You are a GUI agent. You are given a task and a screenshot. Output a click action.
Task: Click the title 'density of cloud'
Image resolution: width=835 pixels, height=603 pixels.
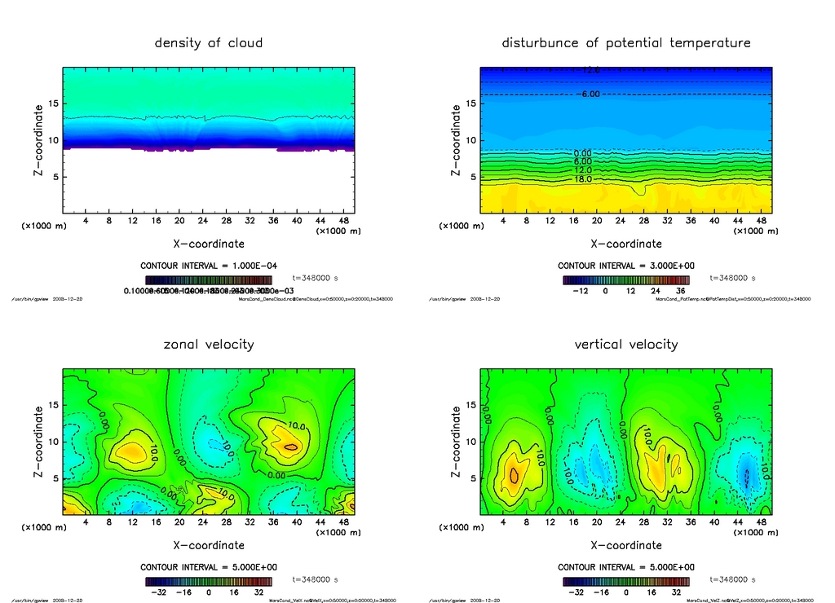[x=209, y=42]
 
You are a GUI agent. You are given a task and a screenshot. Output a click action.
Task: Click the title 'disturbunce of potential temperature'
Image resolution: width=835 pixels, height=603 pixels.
[x=626, y=42]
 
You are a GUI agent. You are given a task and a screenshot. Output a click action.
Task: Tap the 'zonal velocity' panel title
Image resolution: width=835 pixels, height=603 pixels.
[x=209, y=344]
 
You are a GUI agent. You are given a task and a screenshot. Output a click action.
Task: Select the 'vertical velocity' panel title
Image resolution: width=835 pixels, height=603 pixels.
[x=626, y=344]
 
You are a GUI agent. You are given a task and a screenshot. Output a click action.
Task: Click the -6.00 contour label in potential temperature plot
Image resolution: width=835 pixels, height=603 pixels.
[x=589, y=95]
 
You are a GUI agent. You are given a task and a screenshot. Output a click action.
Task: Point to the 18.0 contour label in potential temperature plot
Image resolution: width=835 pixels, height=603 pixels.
[x=583, y=178]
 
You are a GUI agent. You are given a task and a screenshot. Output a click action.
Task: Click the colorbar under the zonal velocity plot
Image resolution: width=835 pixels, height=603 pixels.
[x=209, y=582]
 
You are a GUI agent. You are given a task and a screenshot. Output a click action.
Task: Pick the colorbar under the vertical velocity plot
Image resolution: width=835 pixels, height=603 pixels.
[x=626, y=582]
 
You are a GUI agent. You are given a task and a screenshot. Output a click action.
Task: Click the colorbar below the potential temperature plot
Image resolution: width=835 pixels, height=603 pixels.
[x=626, y=279]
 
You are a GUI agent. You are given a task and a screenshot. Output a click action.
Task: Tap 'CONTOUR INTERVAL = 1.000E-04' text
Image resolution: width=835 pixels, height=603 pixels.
[x=209, y=266]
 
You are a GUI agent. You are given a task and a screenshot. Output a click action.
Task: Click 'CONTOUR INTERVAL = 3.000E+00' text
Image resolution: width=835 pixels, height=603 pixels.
[x=626, y=266]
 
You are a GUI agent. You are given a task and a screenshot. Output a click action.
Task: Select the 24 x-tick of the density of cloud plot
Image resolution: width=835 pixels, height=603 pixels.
[x=203, y=220]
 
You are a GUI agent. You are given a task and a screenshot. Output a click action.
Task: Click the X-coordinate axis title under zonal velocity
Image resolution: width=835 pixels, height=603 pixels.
[x=209, y=545]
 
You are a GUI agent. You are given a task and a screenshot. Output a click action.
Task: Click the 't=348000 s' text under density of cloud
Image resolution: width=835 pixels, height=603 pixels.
[x=315, y=278]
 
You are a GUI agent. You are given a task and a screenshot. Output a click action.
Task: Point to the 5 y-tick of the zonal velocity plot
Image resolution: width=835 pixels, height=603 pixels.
[x=55, y=479]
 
